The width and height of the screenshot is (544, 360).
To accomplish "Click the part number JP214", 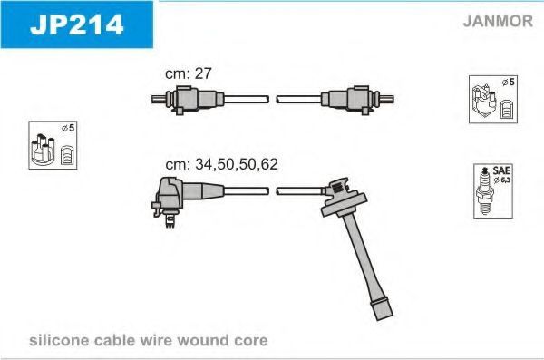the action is click(76, 24).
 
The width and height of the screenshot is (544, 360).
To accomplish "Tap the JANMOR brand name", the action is click(498, 21).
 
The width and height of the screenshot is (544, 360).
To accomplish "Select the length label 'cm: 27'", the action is click(188, 73).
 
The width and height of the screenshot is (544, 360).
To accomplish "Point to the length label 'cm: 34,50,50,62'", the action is click(222, 164).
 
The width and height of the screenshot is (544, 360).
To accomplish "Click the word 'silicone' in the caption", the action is click(59, 340).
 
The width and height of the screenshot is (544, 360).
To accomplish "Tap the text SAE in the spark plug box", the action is click(501, 170).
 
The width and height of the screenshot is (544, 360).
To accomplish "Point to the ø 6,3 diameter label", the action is click(501, 180).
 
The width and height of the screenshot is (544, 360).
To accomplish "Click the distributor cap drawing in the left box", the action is click(43, 150).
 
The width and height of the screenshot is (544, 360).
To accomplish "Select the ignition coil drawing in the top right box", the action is click(483, 100).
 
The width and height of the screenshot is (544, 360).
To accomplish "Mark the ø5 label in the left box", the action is click(68, 128).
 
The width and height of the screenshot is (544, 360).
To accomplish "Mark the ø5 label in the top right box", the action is click(509, 83).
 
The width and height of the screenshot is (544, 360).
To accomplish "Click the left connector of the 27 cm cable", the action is click(188, 99).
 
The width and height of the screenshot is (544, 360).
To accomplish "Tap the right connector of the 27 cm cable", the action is click(357, 100).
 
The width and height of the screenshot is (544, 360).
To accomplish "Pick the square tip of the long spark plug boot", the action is click(382, 309).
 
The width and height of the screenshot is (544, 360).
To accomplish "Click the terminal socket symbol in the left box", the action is click(66, 155).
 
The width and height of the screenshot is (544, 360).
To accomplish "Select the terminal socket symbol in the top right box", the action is click(507, 110).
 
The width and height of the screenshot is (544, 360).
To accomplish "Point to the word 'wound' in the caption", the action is click(202, 340).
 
